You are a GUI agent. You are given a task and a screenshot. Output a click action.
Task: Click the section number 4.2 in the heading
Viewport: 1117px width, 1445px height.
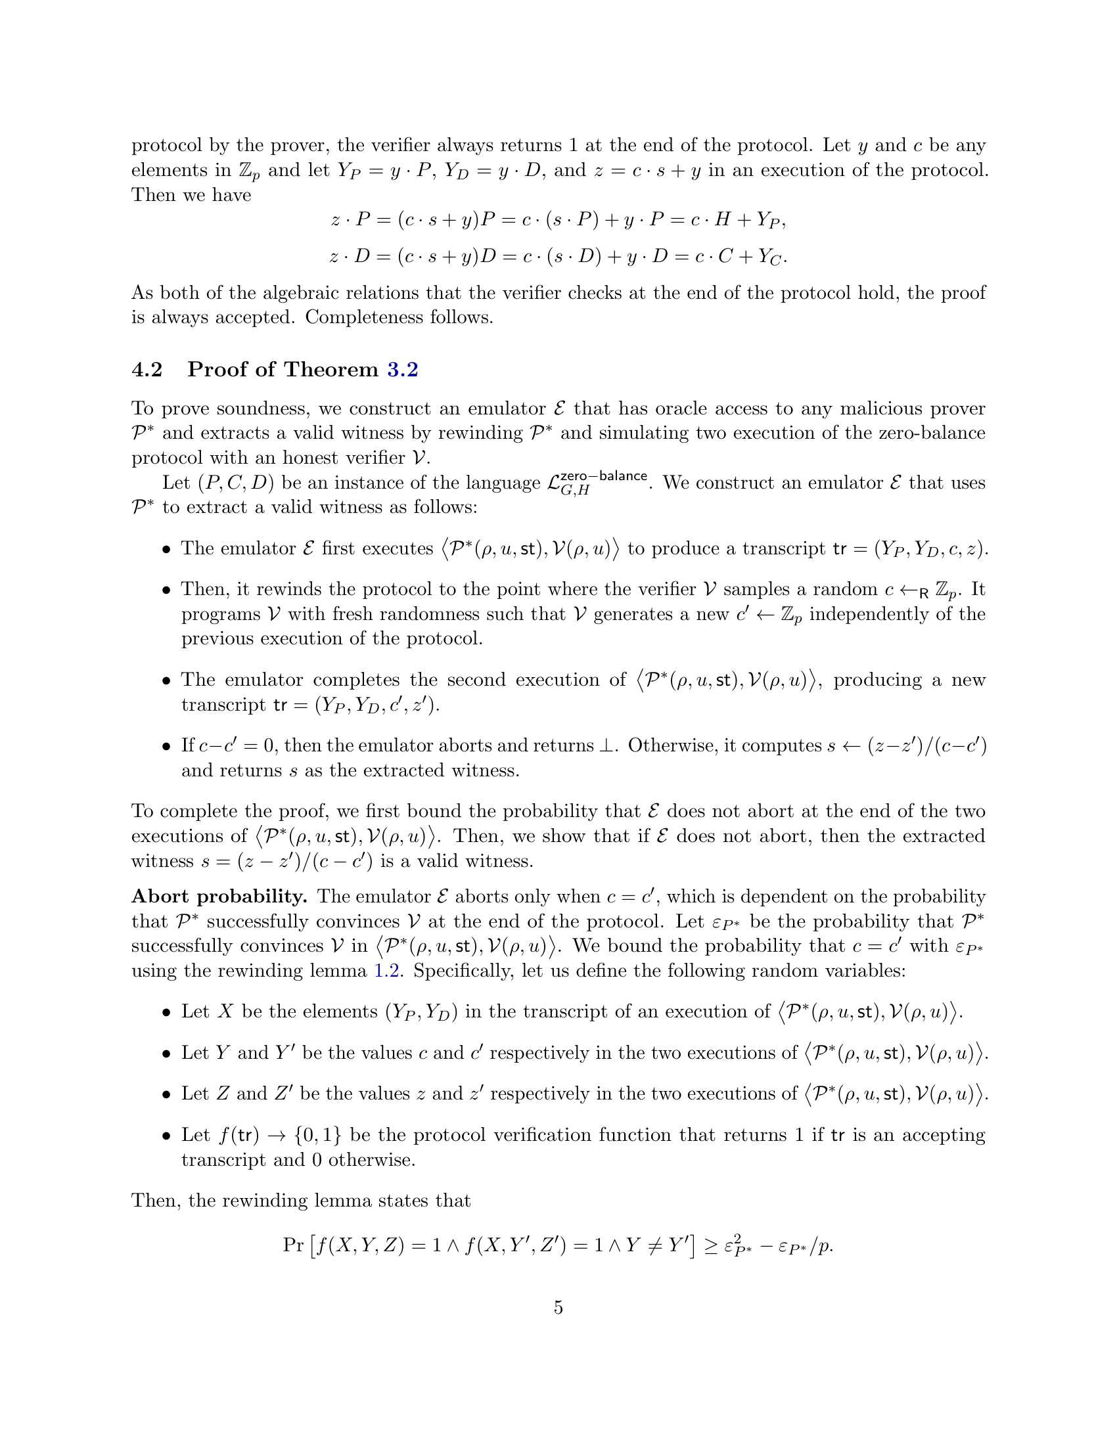(x=147, y=369)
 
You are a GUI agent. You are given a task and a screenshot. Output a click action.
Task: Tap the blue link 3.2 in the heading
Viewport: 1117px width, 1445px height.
(x=402, y=369)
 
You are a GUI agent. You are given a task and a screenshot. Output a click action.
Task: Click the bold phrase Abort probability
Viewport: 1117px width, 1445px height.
(x=219, y=897)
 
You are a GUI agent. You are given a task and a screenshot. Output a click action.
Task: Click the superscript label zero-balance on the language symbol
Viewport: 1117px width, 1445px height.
(x=603, y=476)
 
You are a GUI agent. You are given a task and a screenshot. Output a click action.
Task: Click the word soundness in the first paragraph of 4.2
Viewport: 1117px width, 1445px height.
(x=263, y=409)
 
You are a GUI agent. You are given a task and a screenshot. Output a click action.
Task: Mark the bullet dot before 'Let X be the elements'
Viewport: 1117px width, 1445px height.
(x=166, y=1013)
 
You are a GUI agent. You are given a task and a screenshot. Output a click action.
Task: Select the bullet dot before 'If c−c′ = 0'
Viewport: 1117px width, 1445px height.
(x=166, y=747)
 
